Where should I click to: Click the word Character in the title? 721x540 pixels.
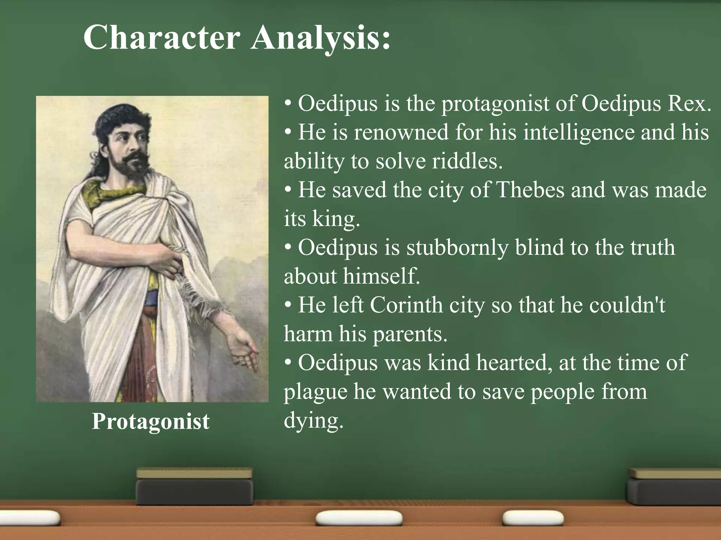(162, 38)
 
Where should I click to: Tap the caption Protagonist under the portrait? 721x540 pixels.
(151, 421)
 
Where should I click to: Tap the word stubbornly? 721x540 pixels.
(457, 247)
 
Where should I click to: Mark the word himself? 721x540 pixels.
(382, 276)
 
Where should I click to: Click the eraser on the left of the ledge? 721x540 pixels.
(194, 487)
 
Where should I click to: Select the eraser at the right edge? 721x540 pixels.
(674, 487)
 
